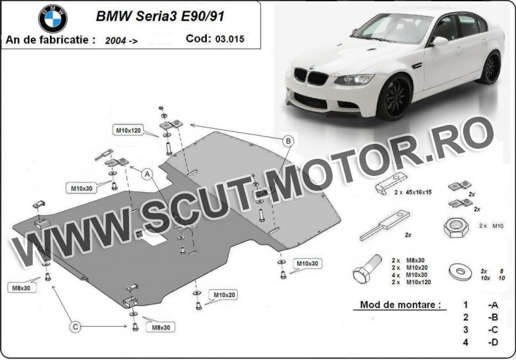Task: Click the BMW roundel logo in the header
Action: pos(53,18)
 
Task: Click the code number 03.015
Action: pos(230,39)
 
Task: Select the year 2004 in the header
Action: pos(115,41)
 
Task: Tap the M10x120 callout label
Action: pos(128,130)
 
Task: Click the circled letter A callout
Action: pos(147,174)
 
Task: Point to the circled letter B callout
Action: pos(288,141)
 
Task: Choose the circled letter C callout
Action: pos(75,327)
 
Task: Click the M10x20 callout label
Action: pos(224,295)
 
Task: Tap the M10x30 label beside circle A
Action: pos(81,189)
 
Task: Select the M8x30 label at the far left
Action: pos(21,288)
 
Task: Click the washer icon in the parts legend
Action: pos(460,272)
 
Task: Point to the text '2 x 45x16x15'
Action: pos(413,192)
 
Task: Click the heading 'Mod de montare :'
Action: pos(400,305)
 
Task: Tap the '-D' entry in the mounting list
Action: pos(493,342)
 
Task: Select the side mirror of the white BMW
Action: pos(440,42)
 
